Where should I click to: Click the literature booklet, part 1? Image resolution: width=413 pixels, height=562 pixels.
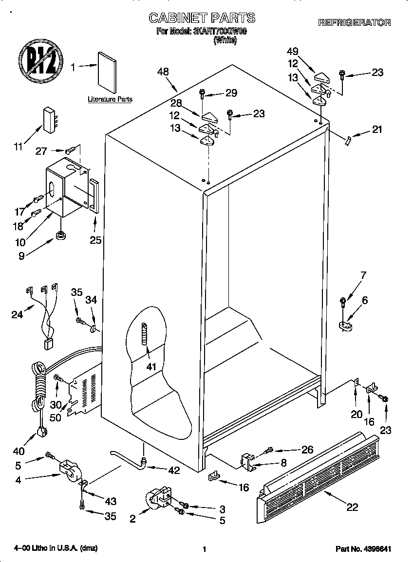click(x=107, y=72)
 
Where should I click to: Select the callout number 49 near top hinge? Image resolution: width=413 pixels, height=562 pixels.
click(x=293, y=51)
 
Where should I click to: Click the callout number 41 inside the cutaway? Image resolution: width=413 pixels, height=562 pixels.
click(x=151, y=366)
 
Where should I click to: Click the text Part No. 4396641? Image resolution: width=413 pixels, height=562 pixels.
click(x=364, y=549)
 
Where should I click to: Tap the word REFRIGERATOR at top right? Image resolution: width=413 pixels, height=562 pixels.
click(x=355, y=22)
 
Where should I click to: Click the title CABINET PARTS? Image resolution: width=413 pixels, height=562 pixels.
click(x=202, y=18)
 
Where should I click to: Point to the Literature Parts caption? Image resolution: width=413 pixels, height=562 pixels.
click(x=110, y=99)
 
